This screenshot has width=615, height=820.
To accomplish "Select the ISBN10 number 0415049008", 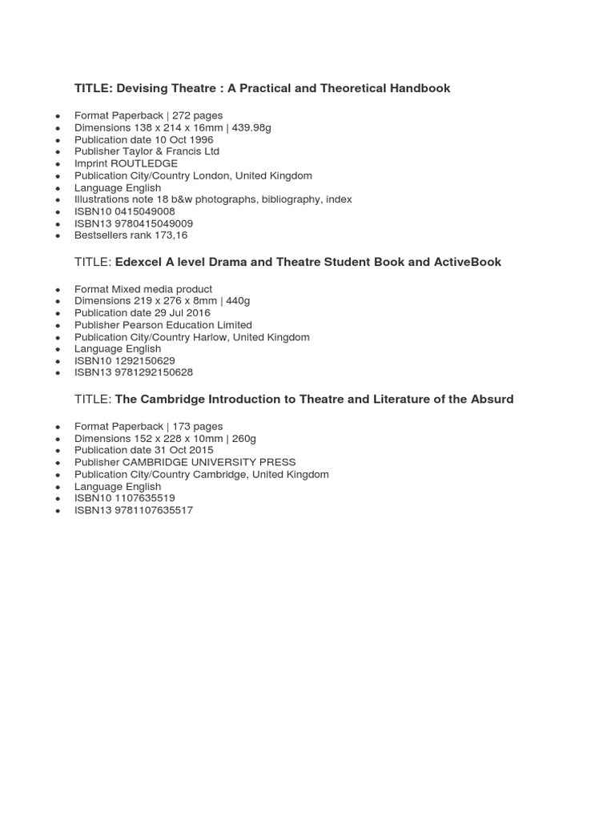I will point(144,211).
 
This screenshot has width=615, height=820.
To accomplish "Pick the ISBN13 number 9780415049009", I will point(154,223).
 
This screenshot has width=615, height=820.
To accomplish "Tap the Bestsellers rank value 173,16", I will point(171,235).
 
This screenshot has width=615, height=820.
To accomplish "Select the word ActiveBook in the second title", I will point(468,262).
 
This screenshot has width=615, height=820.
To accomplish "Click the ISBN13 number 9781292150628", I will point(154,372).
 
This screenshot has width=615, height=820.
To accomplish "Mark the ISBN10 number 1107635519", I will point(144,498).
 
